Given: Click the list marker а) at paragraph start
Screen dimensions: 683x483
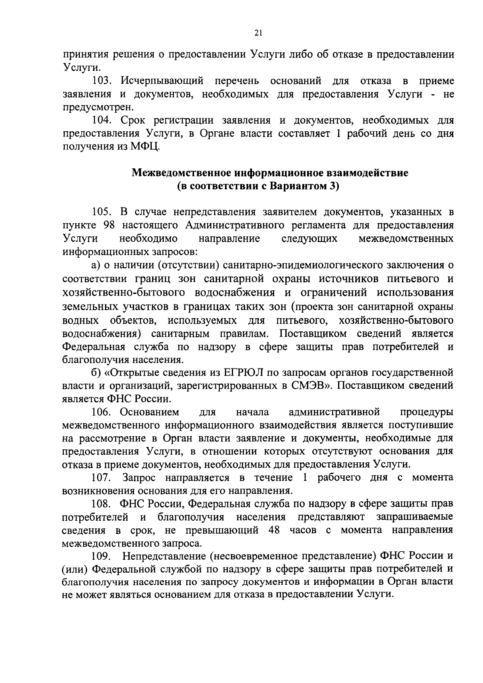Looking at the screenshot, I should pos(95,265).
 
